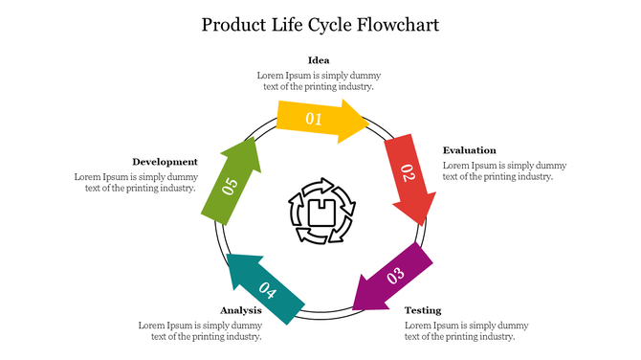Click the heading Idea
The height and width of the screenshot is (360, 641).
coord(319,60)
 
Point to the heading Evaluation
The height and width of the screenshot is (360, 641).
coord(469,150)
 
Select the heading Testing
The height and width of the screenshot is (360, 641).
coord(423,310)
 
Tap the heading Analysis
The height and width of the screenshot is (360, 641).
coord(241,310)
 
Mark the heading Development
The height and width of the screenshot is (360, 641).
coord(166,162)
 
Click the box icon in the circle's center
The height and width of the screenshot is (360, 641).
coord(321,210)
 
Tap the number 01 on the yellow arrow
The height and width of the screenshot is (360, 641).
coord(314,120)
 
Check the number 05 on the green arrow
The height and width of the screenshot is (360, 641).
coord(230,186)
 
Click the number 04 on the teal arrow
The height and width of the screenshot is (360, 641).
coord(268,292)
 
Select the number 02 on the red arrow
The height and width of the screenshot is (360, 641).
coord(407,173)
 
